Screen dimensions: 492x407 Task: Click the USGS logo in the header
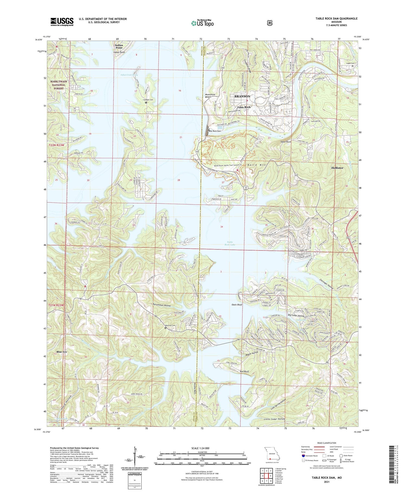click(62, 22)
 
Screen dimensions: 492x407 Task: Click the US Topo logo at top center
click(202, 23)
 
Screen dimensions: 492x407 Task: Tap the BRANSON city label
click(242, 96)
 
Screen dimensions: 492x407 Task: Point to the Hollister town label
click(337, 168)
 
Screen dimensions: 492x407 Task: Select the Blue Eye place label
click(62, 352)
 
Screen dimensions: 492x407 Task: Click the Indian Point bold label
click(119, 46)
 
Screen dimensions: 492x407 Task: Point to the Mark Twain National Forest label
click(58, 85)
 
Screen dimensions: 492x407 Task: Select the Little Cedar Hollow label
click(275, 419)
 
